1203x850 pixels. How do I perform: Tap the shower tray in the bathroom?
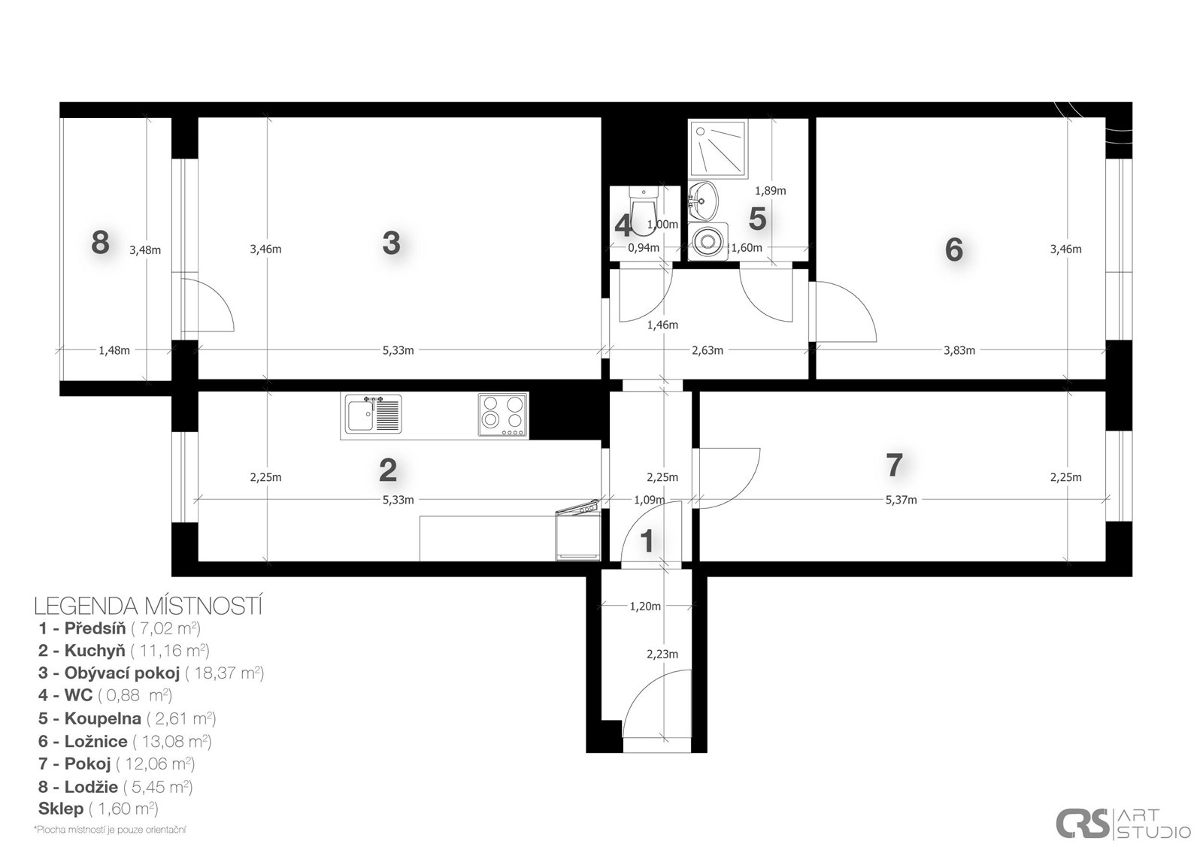click(718, 147)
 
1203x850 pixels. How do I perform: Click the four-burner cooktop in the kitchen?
click(503, 416)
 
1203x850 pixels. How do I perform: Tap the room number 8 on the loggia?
click(101, 242)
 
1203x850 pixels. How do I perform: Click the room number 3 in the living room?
click(391, 243)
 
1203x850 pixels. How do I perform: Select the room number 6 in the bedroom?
click(954, 250)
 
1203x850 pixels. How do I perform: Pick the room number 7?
click(894, 464)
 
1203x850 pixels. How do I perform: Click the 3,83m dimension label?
click(959, 351)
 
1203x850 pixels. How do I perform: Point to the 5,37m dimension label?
click(901, 500)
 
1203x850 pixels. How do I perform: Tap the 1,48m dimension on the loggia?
click(114, 351)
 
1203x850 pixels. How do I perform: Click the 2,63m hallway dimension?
click(708, 351)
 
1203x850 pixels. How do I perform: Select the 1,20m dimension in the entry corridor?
click(645, 606)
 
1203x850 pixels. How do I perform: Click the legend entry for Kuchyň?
click(123, 650)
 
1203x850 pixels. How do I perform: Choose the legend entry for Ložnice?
click(125, 742)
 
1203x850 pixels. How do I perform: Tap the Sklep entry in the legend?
click(98, 808)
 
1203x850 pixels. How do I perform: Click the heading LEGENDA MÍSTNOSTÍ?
click(148, 606)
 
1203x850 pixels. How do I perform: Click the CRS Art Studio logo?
click(1123, 823)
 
